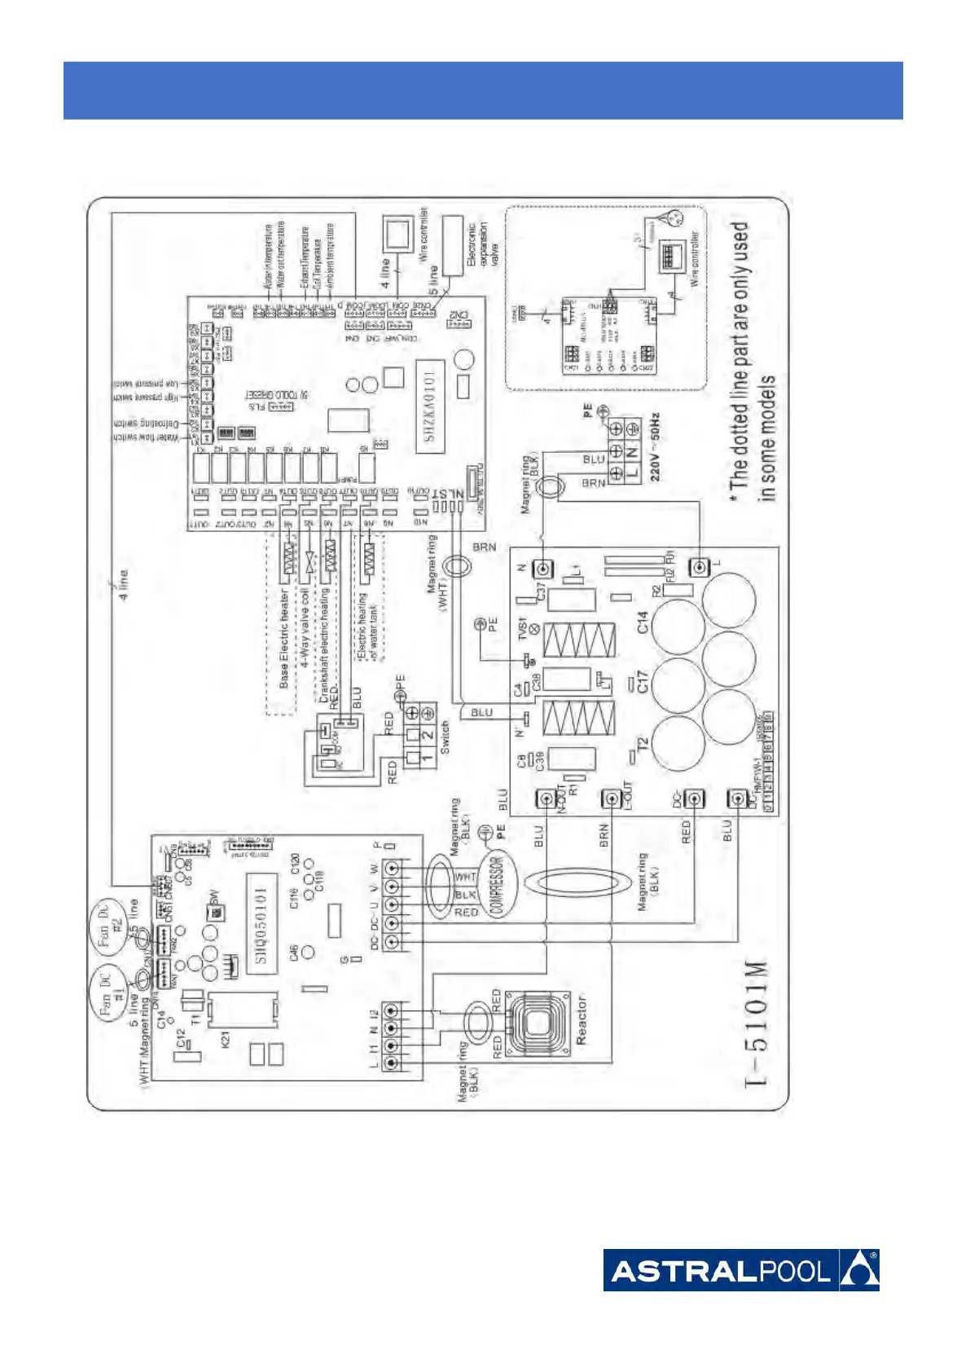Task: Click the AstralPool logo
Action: [740, 1269]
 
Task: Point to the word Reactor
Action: [582, 1021]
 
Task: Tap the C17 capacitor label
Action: [642, 681]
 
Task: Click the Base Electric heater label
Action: [284, 639]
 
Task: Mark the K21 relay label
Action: [226, 1039]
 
